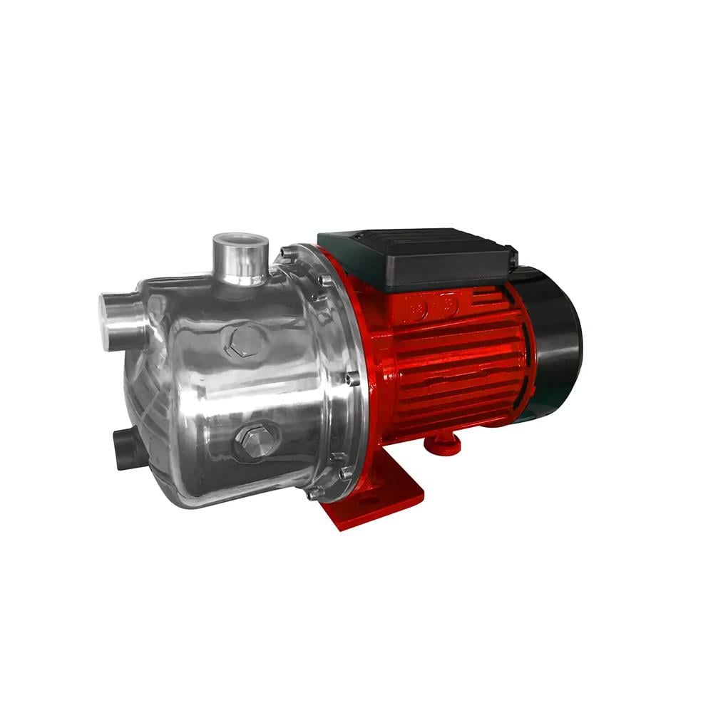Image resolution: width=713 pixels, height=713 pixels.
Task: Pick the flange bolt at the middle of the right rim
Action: (x=352, y=379)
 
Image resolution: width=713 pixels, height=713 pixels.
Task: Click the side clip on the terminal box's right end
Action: (x=511, y=255)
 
